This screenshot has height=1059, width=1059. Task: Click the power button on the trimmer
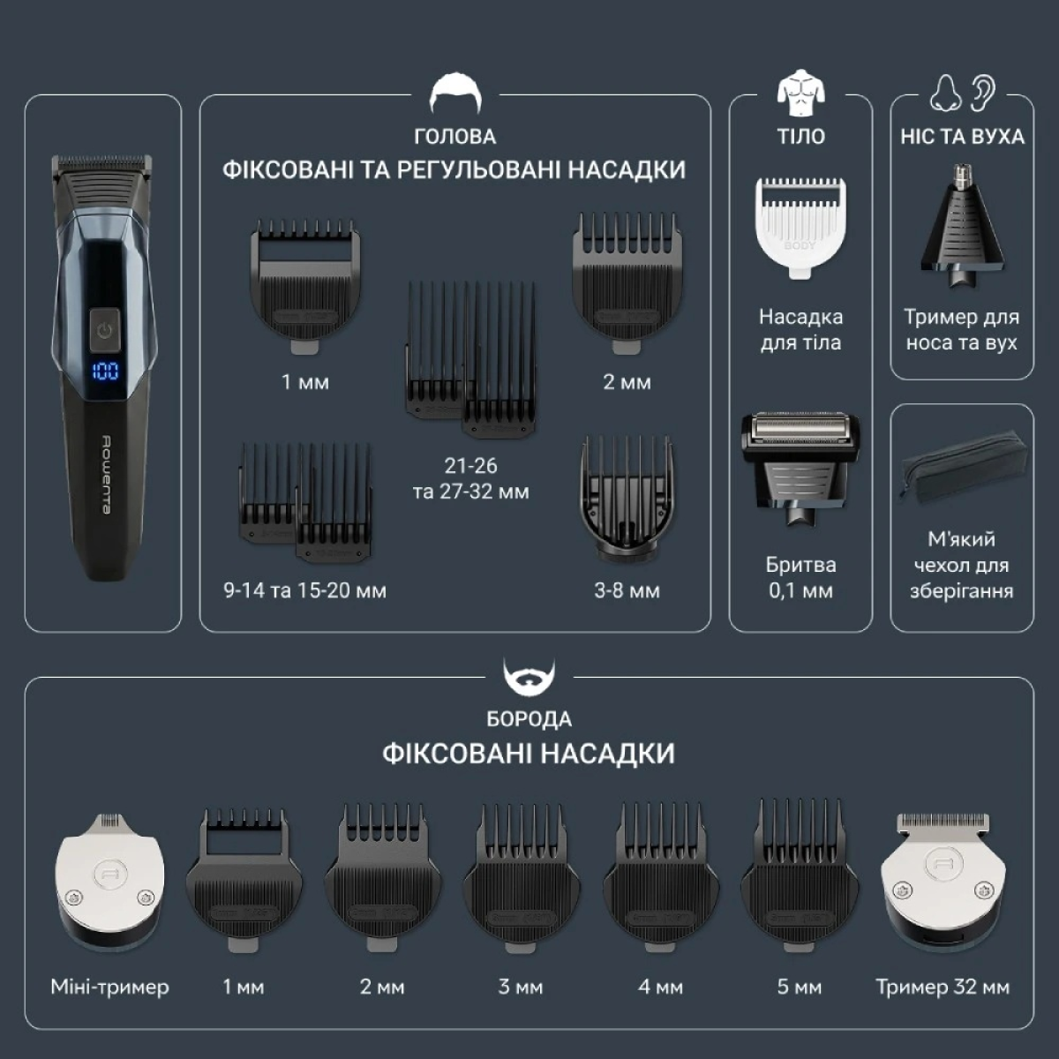tap(104, 330)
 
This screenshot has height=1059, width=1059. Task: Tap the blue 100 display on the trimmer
tap(104, 371)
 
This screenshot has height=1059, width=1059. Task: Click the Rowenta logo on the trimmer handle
tap(106, 475)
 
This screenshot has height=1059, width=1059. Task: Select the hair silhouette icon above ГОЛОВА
tap(455, 94)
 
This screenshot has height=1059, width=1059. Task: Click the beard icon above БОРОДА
tap(529, 678)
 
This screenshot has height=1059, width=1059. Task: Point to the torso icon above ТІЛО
tap(800, 93)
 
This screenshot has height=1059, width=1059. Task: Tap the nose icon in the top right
tap(945, 94)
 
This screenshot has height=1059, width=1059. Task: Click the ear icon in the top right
tap(982, 94)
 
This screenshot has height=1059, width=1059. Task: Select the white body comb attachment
tap(800, 227)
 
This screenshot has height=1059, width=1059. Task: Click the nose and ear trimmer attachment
tap(961, 225)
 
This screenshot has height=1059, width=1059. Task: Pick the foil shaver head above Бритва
tap(800, 469)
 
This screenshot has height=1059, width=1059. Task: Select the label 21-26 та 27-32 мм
tap(471, 478)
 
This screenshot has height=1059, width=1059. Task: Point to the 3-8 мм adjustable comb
tap(627, 499)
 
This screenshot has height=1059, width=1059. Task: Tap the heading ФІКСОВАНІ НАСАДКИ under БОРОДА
tap(529, 754)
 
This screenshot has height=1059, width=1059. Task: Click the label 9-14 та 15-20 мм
tap(305, 590)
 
